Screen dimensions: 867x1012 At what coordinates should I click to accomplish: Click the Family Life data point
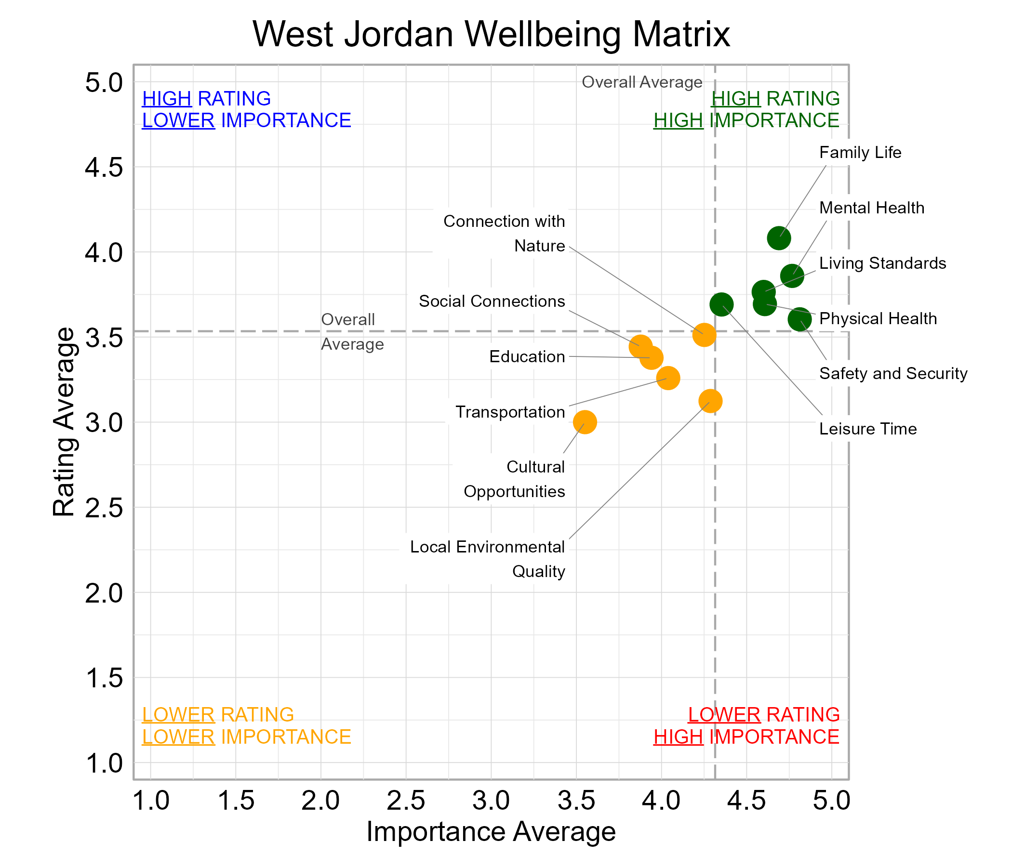pos(779,238)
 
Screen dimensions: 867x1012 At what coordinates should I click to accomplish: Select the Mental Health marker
pos(792,276)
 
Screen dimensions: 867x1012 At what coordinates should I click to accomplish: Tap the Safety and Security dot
pos(799,320)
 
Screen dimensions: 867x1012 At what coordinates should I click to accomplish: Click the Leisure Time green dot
pos(721,304)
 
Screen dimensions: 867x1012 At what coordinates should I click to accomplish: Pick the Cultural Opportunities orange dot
pos(585,422)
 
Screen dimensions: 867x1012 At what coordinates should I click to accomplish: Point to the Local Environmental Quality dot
pos(710,401)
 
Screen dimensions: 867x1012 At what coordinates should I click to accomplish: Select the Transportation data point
pos(667,378)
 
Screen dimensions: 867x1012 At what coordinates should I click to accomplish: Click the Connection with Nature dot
pos(704,335)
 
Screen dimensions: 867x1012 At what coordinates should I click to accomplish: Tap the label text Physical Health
pos(878,319)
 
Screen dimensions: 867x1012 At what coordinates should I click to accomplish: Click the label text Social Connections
pos(492,301)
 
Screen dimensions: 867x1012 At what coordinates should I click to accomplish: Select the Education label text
pos(527,357)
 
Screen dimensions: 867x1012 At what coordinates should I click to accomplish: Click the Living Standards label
pos(882,263)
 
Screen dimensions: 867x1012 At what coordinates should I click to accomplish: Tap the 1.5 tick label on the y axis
pos(104,679)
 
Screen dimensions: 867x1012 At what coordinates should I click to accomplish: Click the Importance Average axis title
pos(491,832)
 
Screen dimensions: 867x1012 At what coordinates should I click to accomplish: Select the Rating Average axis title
pos(64,422)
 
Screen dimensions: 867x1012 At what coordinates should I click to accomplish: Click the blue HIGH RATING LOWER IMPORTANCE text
pos(246,110)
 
